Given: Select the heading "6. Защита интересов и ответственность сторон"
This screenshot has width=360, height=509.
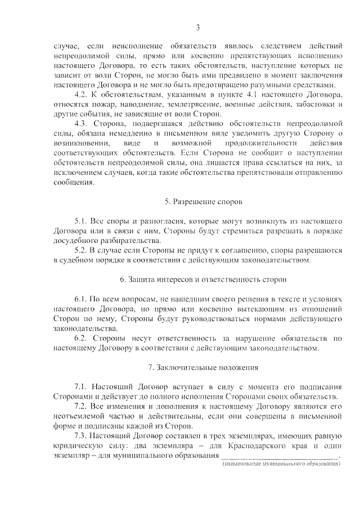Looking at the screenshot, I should tap(197, 279).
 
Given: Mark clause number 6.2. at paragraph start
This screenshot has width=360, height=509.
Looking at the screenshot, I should tap(82, 338).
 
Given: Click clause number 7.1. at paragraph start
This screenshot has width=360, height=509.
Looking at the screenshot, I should tap(82, 388).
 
